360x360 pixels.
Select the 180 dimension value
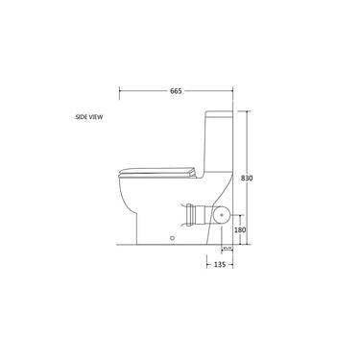click(x=240, y=230)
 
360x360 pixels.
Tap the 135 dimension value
click(x=220, y=264)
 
